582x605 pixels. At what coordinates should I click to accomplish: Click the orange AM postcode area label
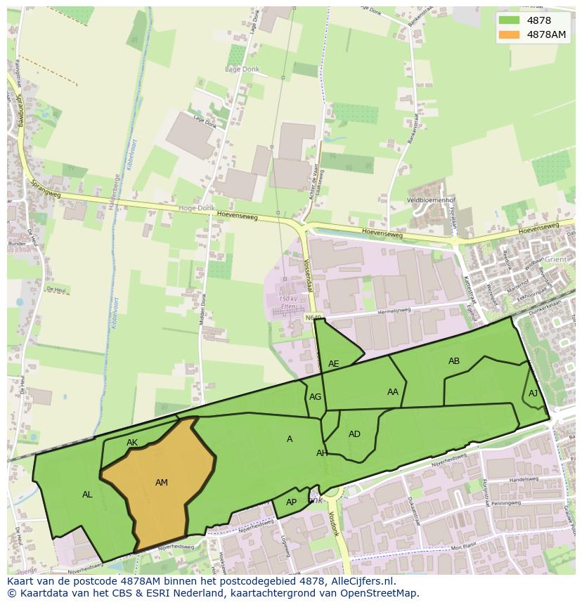(162, 482)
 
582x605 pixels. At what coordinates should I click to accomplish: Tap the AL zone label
(87, 495)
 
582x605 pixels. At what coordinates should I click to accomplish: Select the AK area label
(132, 443)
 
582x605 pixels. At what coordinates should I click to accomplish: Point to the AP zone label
(292, 502)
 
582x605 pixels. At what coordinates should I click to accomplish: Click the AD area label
(354, 434)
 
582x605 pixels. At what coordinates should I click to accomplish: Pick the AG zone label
(315, 397)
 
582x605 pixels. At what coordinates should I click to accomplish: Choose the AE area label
(334, 364)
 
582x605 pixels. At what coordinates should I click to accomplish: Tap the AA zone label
(393, 392)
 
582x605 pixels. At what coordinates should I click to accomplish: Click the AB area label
(454, 361)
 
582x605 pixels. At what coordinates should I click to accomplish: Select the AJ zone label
(533, 393)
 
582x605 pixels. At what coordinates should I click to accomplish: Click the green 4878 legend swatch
(510, 20)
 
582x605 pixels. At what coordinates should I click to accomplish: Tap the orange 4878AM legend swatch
(510, 34)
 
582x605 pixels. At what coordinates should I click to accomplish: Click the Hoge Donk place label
(196, 208)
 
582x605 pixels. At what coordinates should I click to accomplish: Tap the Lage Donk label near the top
(242, 69)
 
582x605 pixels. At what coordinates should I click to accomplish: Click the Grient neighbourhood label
(555, 259)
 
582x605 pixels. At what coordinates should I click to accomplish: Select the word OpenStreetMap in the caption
(378, 593)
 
